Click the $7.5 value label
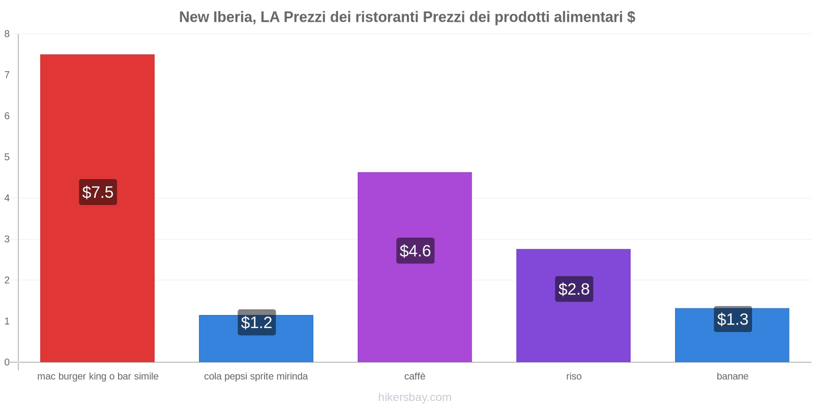tap(98, 192)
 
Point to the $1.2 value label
tap(256, 323)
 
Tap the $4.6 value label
tap(415, 251)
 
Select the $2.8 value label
tap(574, 289)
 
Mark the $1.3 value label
tap(733, 319)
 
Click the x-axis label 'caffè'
tap(415, 376)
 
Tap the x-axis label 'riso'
tap(573, 376)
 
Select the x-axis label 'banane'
tap(732, 376)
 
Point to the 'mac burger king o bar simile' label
tap(98, 376)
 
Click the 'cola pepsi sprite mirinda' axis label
tap(256, 376)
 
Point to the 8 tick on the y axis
tap(7, 34)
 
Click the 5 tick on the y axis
tap(7, 157)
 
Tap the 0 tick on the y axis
tap(7, 362)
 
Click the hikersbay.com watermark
tap(415, 397)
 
